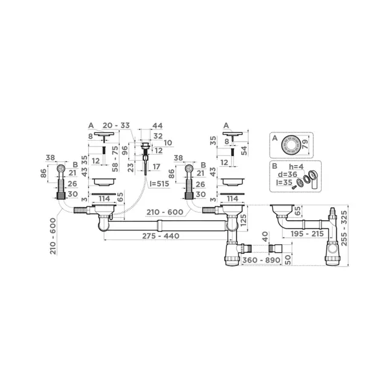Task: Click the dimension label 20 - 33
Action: (x=117, y=125)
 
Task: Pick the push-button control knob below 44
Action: (x=145, y=146)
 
